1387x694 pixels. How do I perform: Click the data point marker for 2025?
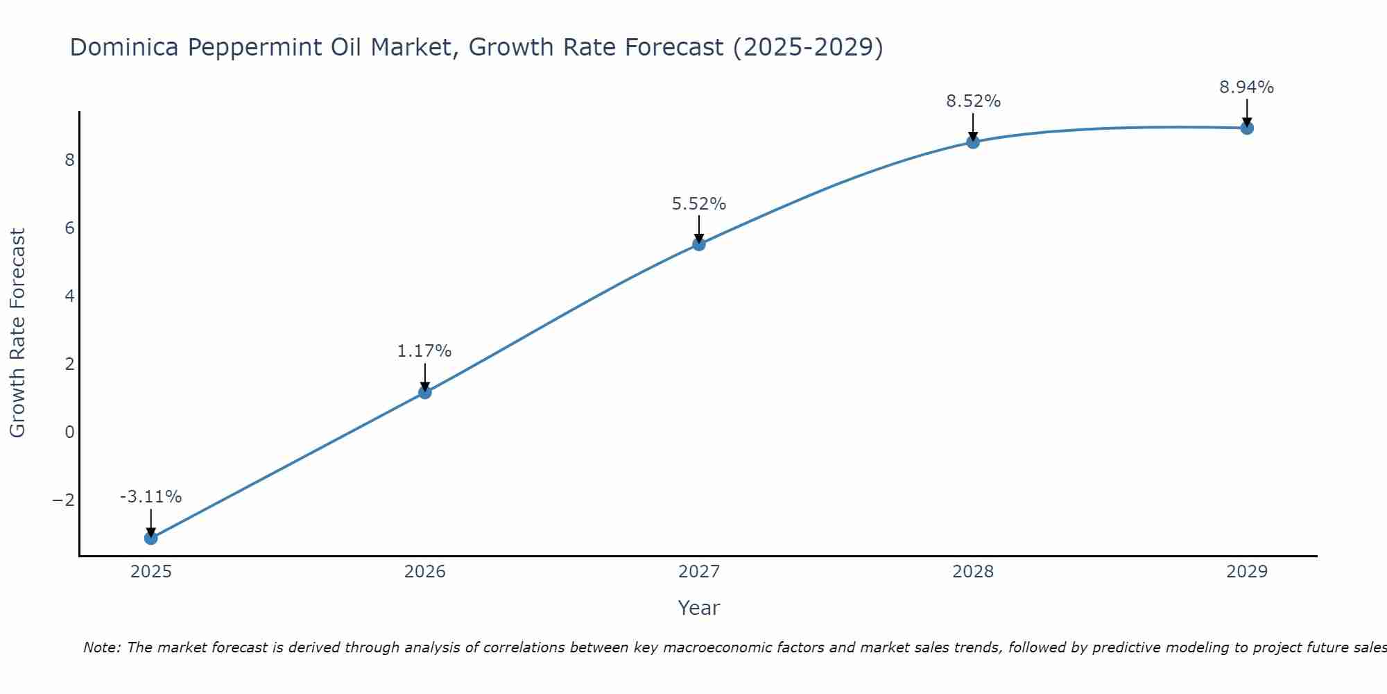tap(151, 538)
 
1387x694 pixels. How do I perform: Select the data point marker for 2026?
tap(425, 392)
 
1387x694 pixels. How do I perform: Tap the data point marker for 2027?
tap(699, 244)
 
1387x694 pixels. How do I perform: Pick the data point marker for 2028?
tap(973, 142)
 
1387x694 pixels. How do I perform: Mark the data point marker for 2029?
tap(1247, 128)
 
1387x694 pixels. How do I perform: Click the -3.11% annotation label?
tap(150, 497)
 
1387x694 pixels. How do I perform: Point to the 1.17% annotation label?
tap(424, 351)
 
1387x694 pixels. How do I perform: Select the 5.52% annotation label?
tap(699, 204)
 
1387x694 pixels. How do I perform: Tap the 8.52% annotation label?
tap(973, 101)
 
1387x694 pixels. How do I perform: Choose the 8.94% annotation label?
tap(1247, 87)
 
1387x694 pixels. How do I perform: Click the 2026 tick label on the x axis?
tap(425, 572)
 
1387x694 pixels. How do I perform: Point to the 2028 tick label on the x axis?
tap(973, 572)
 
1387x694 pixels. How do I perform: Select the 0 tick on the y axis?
tap(69, 432)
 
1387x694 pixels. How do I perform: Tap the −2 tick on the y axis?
tap(63, 500)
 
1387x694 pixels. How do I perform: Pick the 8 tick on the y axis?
tap(69, 160)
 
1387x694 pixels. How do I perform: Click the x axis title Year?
tap(699, 608)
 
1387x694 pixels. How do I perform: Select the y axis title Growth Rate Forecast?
tap(17, 333)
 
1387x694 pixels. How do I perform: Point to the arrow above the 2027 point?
tap(699, 228)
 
